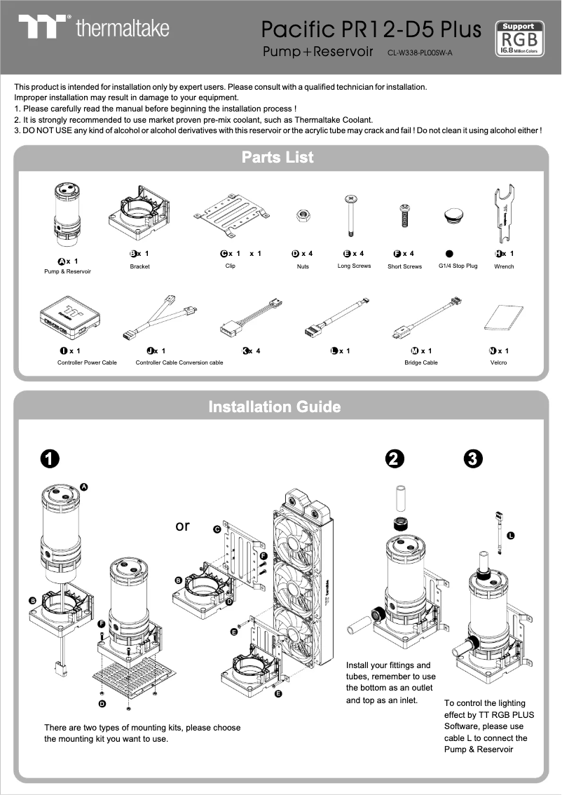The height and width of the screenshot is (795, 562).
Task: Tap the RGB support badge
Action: point(519,37)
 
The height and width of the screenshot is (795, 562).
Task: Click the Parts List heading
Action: point(278,157)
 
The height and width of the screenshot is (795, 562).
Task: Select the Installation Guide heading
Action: point(275,407)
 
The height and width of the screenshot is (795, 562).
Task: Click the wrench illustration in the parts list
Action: point(503,214)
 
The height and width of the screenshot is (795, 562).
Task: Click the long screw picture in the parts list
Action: point(348,217)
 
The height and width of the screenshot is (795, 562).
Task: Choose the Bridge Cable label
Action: point(420,362)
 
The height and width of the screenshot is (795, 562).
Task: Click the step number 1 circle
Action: point(48,458)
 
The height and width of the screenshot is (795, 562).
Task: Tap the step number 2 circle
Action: point(395,458)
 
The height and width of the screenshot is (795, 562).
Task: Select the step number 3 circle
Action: point(473,458)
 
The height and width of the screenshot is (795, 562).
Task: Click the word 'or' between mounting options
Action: point(182,525)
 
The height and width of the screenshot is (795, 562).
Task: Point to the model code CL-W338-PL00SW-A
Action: point(420,53)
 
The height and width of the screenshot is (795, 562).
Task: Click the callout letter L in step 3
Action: point(510,536)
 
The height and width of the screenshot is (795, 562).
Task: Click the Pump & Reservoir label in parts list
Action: point(67,271)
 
